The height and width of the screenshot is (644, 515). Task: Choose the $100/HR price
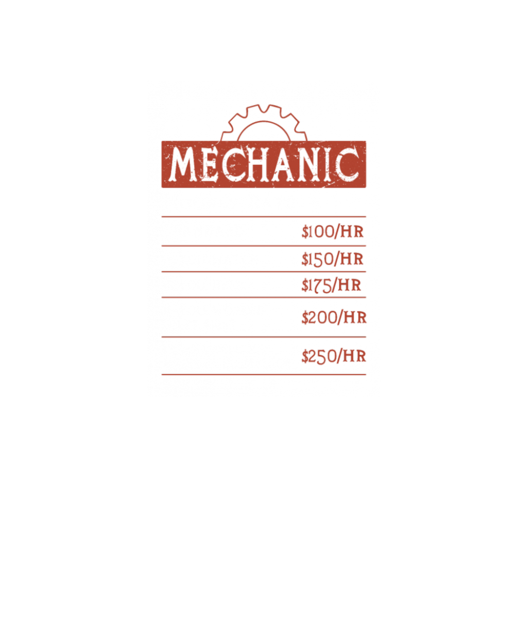point(333,232)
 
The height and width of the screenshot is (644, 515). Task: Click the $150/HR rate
point(333,259)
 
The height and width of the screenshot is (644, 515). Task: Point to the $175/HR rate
point(332,285)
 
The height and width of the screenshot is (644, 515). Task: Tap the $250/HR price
point(334,355)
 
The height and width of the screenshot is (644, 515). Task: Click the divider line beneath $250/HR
point(264,375)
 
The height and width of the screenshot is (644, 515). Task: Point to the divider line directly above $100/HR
point(264,216)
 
